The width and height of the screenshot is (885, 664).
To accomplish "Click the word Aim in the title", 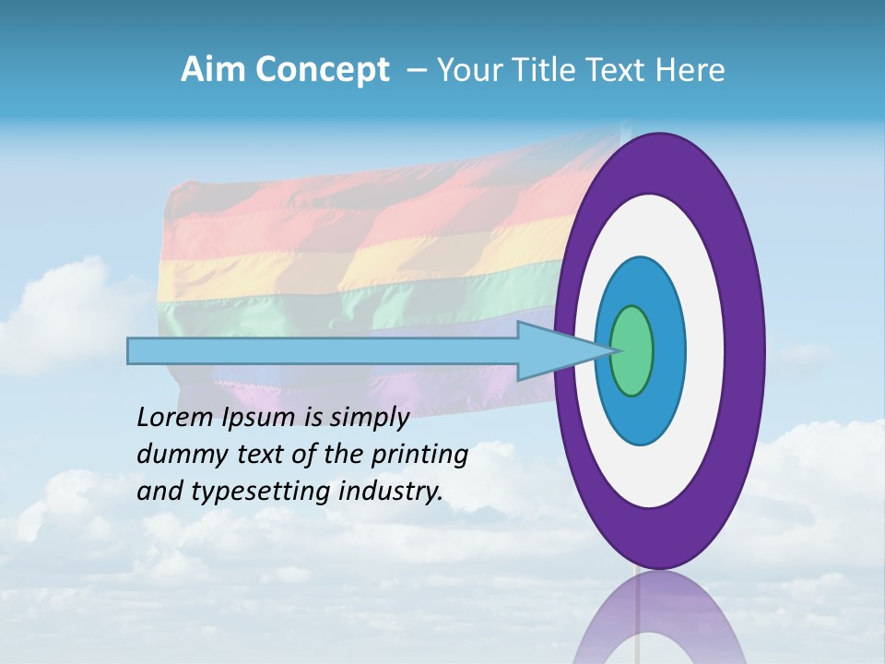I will (x=216, y=70).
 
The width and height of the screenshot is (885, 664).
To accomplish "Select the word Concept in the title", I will (x=322, y=70).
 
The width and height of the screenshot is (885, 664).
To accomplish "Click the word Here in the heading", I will (x=692, y=70).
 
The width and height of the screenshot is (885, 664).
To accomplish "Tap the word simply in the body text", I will (x=369, y=418).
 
